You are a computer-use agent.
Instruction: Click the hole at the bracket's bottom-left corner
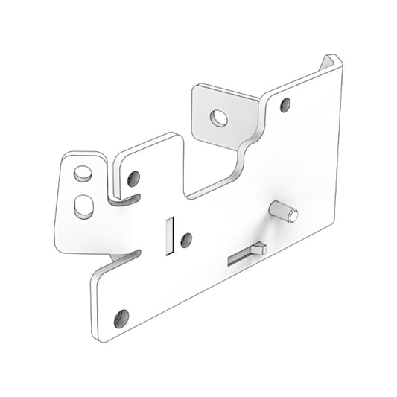[x=122, y=316]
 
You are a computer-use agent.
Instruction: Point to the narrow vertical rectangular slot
[x=168, y=234]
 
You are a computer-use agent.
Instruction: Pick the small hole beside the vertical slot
[x=186, y=239]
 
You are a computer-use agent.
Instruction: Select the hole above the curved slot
[x=133, y=179]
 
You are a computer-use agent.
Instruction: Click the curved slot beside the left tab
[x=122, y=199]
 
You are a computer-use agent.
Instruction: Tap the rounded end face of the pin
[x=293, y=216]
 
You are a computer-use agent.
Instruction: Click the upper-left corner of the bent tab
[x=195, y=88]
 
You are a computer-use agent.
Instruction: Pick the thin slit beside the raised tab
[x=240, y=257]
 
